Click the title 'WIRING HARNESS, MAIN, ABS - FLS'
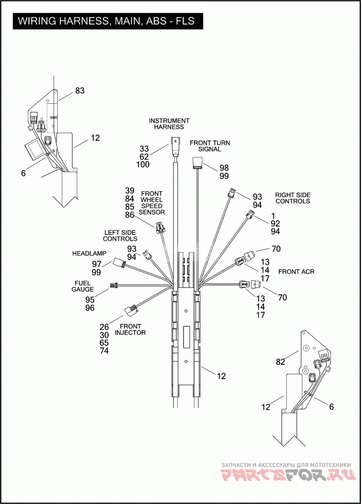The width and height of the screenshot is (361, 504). coord(106,21)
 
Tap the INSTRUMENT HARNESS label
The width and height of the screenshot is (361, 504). coord(169,124)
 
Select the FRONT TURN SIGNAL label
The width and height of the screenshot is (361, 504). coord(209,146)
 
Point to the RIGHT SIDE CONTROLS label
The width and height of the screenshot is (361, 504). coord(293,198)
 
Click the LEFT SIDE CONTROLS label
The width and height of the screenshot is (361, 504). coord(120,235)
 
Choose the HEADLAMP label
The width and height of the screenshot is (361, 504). coord(89,254)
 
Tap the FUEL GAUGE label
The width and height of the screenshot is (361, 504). coord(83,286)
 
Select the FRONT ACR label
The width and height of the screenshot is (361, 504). coord(296,272)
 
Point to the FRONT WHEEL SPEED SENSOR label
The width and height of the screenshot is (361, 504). coord(152,203)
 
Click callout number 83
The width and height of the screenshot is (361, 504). coord(80,91)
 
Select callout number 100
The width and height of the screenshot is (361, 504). coord(143,165)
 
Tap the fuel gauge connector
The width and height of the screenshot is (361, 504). coord(114,285)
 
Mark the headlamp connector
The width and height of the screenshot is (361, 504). coord(119,263)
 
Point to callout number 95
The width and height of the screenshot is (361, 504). coord(90,300)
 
